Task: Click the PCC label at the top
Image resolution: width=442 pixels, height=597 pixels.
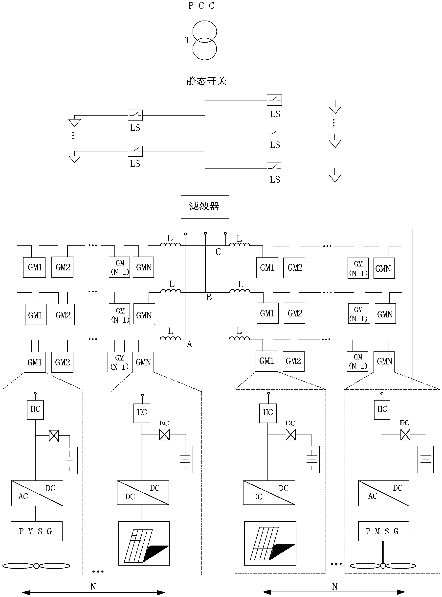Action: (x=201, y=6)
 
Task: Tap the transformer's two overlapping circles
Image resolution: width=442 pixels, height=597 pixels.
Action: (x=205, y=40)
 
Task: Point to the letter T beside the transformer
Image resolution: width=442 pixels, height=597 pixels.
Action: (x=187, y=40)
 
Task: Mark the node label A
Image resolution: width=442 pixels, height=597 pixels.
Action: (x=189, y=344)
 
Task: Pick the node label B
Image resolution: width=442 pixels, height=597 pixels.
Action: (x=209, y=297)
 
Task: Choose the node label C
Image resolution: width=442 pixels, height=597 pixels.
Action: (x=218, y=252)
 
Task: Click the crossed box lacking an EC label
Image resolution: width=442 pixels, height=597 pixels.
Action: (x=54, y=436)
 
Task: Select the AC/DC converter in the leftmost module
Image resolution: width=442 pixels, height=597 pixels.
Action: (x=37, y=493)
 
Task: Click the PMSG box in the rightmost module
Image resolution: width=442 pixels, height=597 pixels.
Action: (x=383, y=531)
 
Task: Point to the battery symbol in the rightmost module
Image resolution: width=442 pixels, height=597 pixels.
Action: (x=425, y=459)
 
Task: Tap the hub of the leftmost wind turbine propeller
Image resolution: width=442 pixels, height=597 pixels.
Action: (x=36, y=566)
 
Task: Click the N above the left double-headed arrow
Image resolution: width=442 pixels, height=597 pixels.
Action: (x=93, y=587)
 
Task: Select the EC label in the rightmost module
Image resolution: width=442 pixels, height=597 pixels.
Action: (x=404, y=423)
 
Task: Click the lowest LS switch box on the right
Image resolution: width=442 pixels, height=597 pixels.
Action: (x=274, y=168)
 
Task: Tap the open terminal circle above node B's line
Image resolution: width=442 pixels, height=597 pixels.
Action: (x=205, y=234)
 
